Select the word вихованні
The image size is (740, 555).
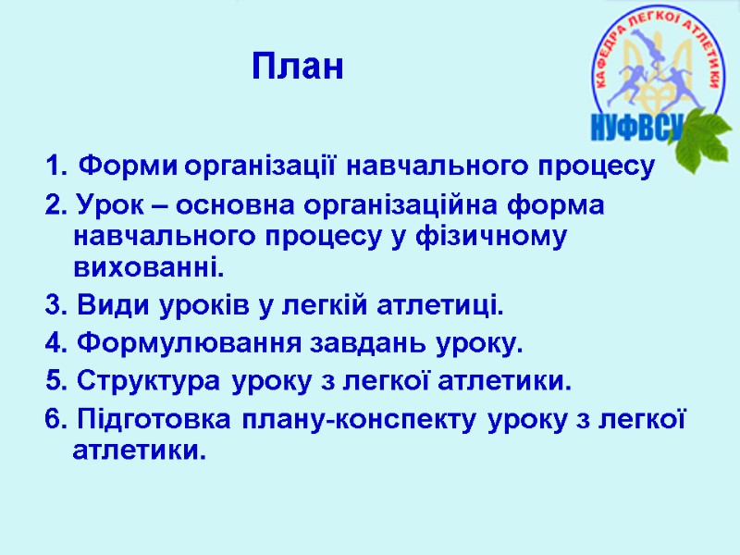148,270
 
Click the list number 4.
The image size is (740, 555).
52,345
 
